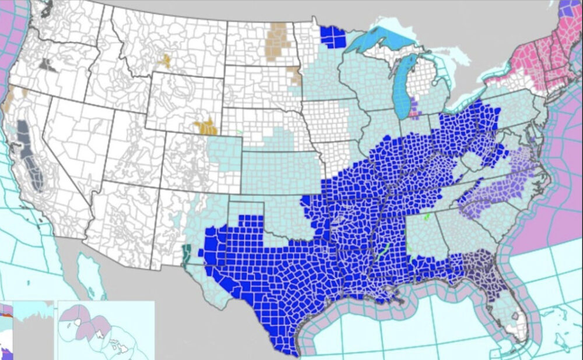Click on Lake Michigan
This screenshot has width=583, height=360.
point(401,87)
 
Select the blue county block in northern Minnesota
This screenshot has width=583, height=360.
point(332,36)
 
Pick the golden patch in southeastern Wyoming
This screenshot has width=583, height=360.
point(206,126)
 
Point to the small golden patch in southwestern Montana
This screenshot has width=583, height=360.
point(165,61)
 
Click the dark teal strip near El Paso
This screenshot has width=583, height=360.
point(187,255)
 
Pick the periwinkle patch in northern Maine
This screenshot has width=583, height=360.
point(566,8)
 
